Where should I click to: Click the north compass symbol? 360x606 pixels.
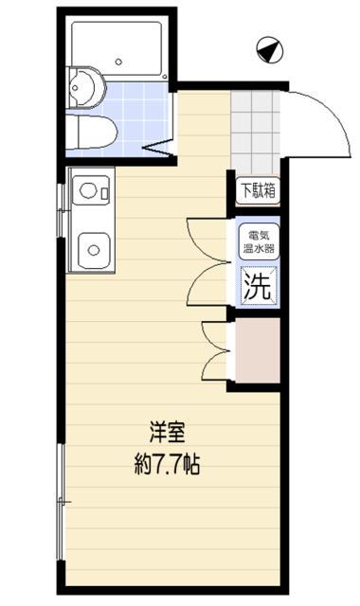(270, 50)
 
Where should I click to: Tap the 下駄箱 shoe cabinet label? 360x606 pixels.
(259, 189)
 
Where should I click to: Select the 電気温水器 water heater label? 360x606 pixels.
(259, 241)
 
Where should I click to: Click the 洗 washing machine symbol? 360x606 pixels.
(259, 286)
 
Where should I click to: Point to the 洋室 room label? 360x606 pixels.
(167, 433)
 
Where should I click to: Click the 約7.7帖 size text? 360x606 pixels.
(167, 463)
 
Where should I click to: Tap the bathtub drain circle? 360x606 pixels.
(118, 62)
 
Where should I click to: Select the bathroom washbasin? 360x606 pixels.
(86, 88)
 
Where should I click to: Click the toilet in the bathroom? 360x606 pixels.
(92, 132)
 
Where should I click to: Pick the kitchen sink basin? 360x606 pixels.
(94, 250)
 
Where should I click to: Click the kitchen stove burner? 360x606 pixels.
(88, 190)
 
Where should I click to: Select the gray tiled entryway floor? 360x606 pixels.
(255, 133)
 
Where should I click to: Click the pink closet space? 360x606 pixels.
(258, 350)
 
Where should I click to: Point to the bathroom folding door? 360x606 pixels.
(159, 147)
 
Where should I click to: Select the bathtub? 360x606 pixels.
(117, 49)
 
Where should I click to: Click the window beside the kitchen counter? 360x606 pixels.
(61, 210)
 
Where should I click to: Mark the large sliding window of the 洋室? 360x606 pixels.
(61, 502)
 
